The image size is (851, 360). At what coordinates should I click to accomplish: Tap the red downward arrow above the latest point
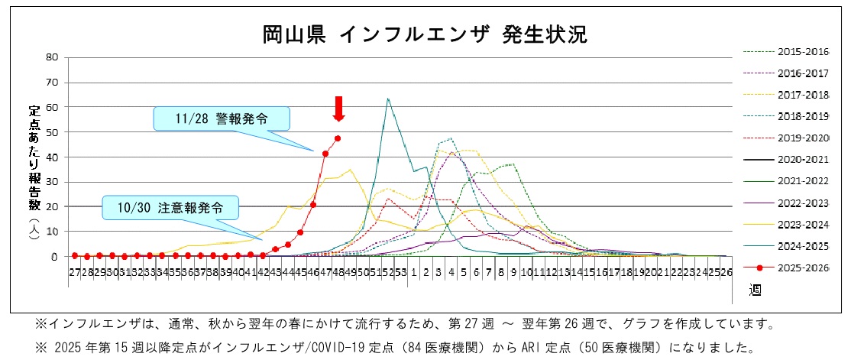tap(338, 109)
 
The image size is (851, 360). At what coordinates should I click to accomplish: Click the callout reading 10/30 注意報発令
tap(171, 207)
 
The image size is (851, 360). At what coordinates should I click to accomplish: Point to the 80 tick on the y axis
tap(52, 57)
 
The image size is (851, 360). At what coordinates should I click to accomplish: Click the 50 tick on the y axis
tap(52, 132)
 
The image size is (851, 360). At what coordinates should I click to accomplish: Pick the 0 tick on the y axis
tap(55, 257)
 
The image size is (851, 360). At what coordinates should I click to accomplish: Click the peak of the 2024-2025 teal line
tap(388, 99)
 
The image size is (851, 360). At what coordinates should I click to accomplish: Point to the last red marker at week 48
tap(338, 138)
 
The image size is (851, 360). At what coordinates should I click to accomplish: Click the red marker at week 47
tap(325, 154)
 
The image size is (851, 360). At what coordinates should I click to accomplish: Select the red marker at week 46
tap(313, 205)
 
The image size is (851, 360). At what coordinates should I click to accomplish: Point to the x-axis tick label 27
tap(74, 271)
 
